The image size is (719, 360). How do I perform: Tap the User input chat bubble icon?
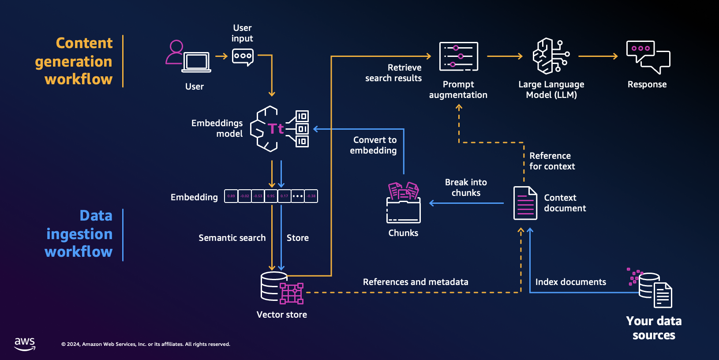243,56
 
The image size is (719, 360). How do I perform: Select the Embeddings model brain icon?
279,129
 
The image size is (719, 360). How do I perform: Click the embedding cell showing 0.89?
231,196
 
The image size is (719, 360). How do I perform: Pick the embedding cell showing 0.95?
271,196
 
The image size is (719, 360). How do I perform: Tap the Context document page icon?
525,203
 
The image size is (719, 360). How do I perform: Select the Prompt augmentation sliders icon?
459,56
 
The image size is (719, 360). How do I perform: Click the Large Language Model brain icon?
551,56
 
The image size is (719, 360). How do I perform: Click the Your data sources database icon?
653,289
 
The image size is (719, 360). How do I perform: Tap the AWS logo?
25,344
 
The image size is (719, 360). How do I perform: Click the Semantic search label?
232,238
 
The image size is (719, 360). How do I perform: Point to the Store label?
298,238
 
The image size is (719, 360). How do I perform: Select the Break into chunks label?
466,187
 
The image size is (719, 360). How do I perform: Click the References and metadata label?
416,282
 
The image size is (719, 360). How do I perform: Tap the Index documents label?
570,282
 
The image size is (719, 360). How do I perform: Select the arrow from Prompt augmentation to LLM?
505,56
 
